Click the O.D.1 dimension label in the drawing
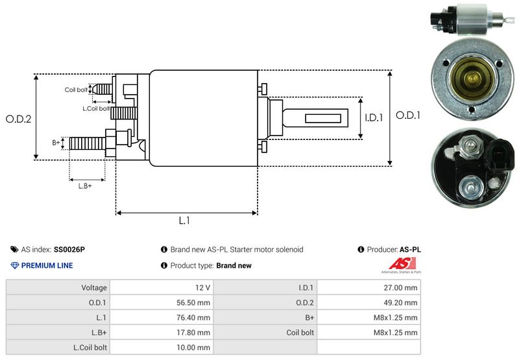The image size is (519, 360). coord(408,115)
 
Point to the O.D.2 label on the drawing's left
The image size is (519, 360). coord(19,119)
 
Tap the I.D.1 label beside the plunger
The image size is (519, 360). coord(374,117)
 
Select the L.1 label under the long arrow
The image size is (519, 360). coord(184,221)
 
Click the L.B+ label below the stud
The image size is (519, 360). coord(85,186)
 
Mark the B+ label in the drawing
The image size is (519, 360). coord(56,143)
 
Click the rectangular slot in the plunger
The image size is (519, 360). coord(322,119)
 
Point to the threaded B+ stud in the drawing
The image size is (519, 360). coord(88,143)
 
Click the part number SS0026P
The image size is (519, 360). coord(69,250)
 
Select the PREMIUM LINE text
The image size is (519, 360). coord(47,265)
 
